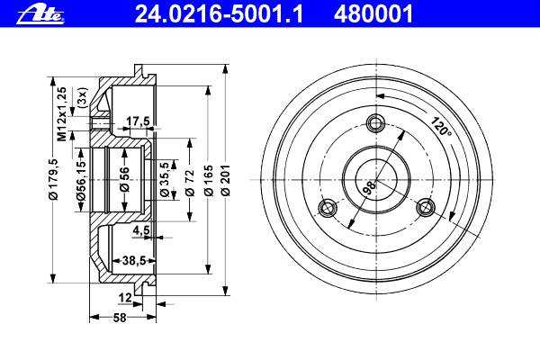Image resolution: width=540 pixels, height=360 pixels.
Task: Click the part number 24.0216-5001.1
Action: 219,14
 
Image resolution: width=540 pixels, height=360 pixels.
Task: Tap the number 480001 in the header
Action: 373,14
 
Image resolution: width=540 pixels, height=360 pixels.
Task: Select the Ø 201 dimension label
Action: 226,181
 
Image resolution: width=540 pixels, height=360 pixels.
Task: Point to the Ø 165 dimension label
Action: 209,181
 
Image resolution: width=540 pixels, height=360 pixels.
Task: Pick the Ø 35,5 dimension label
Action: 165,179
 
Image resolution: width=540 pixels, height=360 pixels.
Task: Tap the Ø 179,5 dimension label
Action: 54,179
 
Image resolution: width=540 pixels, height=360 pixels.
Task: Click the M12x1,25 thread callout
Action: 62,114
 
